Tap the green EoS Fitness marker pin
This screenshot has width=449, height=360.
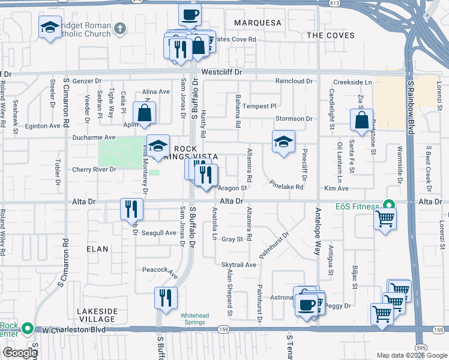[x=388, y=206]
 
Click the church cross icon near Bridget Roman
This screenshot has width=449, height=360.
[x=120, y=28]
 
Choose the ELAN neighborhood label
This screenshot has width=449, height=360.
[x=97, y=248]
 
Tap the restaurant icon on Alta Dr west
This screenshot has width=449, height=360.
[x=131, y=209]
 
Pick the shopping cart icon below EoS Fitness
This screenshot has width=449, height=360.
[x=385, y=218]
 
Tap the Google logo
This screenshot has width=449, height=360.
[x=20, y=353]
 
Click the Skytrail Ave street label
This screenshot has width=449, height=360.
[x=239, y=265]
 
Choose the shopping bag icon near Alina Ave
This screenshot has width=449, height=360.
[x=145, y=113]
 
